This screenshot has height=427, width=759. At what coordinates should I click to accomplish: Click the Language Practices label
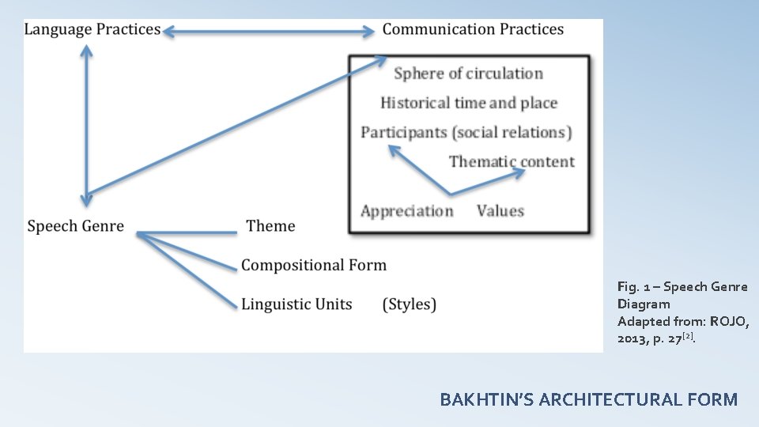[93, 30]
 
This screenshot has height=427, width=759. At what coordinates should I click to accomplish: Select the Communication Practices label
[473, 30]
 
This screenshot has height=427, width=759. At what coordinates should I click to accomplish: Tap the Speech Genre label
[75, 226]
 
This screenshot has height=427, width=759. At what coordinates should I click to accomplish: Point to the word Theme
[270, 226]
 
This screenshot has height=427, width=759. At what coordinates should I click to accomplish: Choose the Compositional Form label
[314, 265]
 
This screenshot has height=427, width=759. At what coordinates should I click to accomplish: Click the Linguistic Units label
[296, 304]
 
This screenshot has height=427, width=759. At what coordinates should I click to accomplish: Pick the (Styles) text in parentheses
[409, 304]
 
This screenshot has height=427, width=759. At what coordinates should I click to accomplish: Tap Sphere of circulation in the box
[468, 74]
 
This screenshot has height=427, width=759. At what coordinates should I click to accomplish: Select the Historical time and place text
[469, 103]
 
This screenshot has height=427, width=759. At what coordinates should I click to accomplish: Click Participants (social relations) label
[466, 132]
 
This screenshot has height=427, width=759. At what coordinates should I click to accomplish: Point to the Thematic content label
[512, 161]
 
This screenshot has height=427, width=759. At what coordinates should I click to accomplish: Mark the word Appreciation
[407, 210]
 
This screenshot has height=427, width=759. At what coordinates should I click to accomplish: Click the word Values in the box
[500, 210]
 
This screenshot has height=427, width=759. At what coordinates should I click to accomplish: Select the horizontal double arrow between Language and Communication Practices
[269, 32]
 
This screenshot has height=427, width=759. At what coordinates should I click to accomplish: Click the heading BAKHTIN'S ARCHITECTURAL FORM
[588, 399]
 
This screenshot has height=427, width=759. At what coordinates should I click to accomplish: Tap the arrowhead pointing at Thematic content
[518, 173]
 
